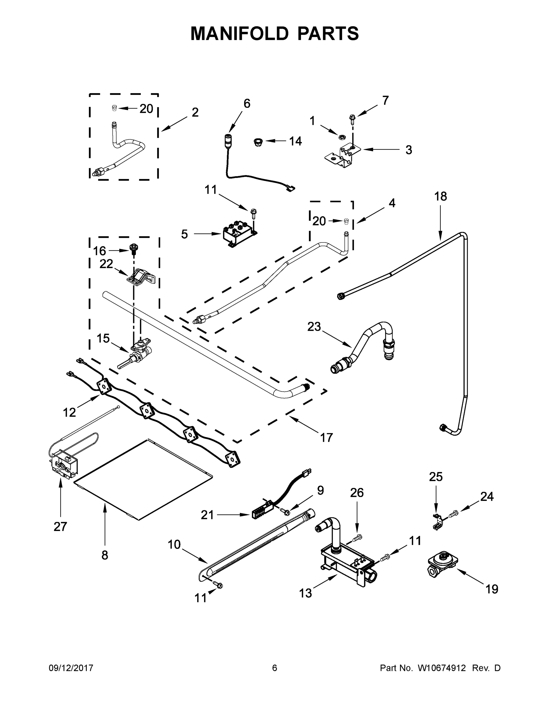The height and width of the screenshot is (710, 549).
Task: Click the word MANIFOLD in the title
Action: [239, 33]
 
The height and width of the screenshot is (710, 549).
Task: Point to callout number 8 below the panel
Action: [105, 555]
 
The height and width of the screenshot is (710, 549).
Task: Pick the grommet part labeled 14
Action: [258, 142]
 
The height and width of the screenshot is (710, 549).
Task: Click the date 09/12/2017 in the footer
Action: [71, 668]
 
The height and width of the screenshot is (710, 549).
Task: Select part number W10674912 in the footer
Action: [441, 668]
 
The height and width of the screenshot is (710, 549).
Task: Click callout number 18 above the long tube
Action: [440, 196]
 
